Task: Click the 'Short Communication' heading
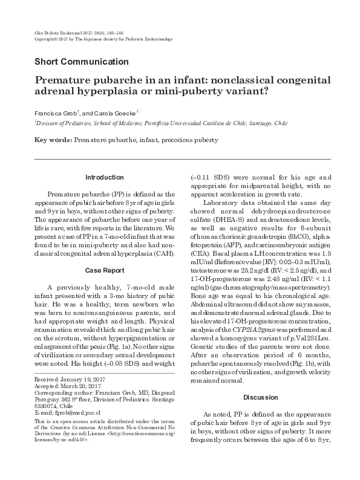(82, 62)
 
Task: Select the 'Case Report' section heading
(103, 270)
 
